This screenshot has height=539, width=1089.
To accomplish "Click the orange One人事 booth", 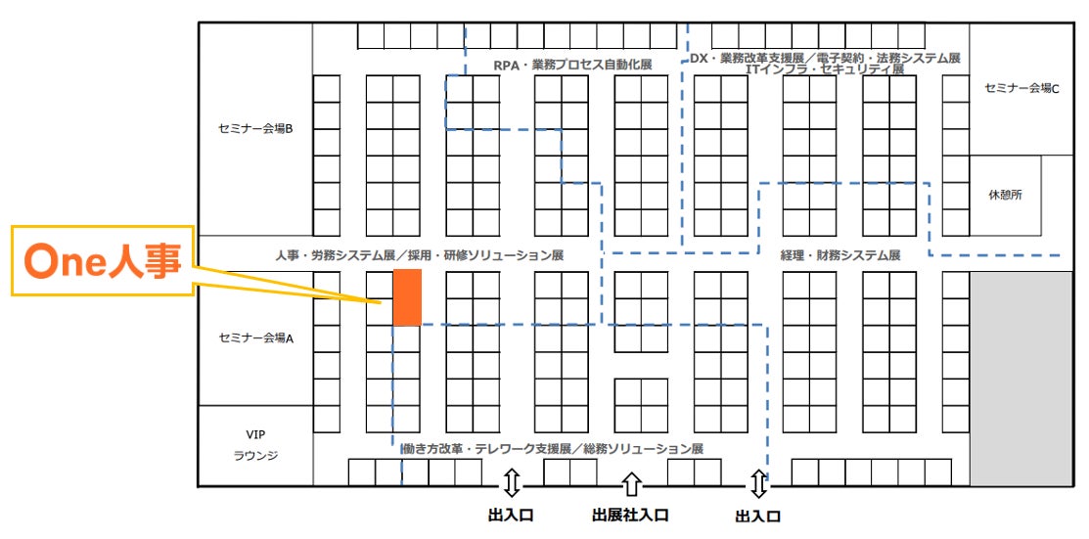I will click(407, 297).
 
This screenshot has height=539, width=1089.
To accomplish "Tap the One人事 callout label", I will click(102, 261).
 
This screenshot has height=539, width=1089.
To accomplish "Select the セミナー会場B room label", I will click(254, 127).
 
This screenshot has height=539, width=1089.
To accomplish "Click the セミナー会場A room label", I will click(254, 338).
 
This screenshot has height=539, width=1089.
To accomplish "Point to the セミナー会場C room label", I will click(1021, 88).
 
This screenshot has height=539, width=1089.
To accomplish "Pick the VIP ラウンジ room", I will click(254, 445).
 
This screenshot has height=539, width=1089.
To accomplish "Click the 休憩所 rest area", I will click(1005, 195).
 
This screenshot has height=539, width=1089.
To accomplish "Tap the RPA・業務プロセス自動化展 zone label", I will click(572, 65).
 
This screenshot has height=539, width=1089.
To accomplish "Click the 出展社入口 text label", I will click(631, 515).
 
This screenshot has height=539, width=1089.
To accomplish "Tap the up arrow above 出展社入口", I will click(631, 483).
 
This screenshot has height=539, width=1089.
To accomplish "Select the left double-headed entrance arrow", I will click(510, 483).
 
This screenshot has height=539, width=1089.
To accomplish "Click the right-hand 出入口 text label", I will click(758, 516).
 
